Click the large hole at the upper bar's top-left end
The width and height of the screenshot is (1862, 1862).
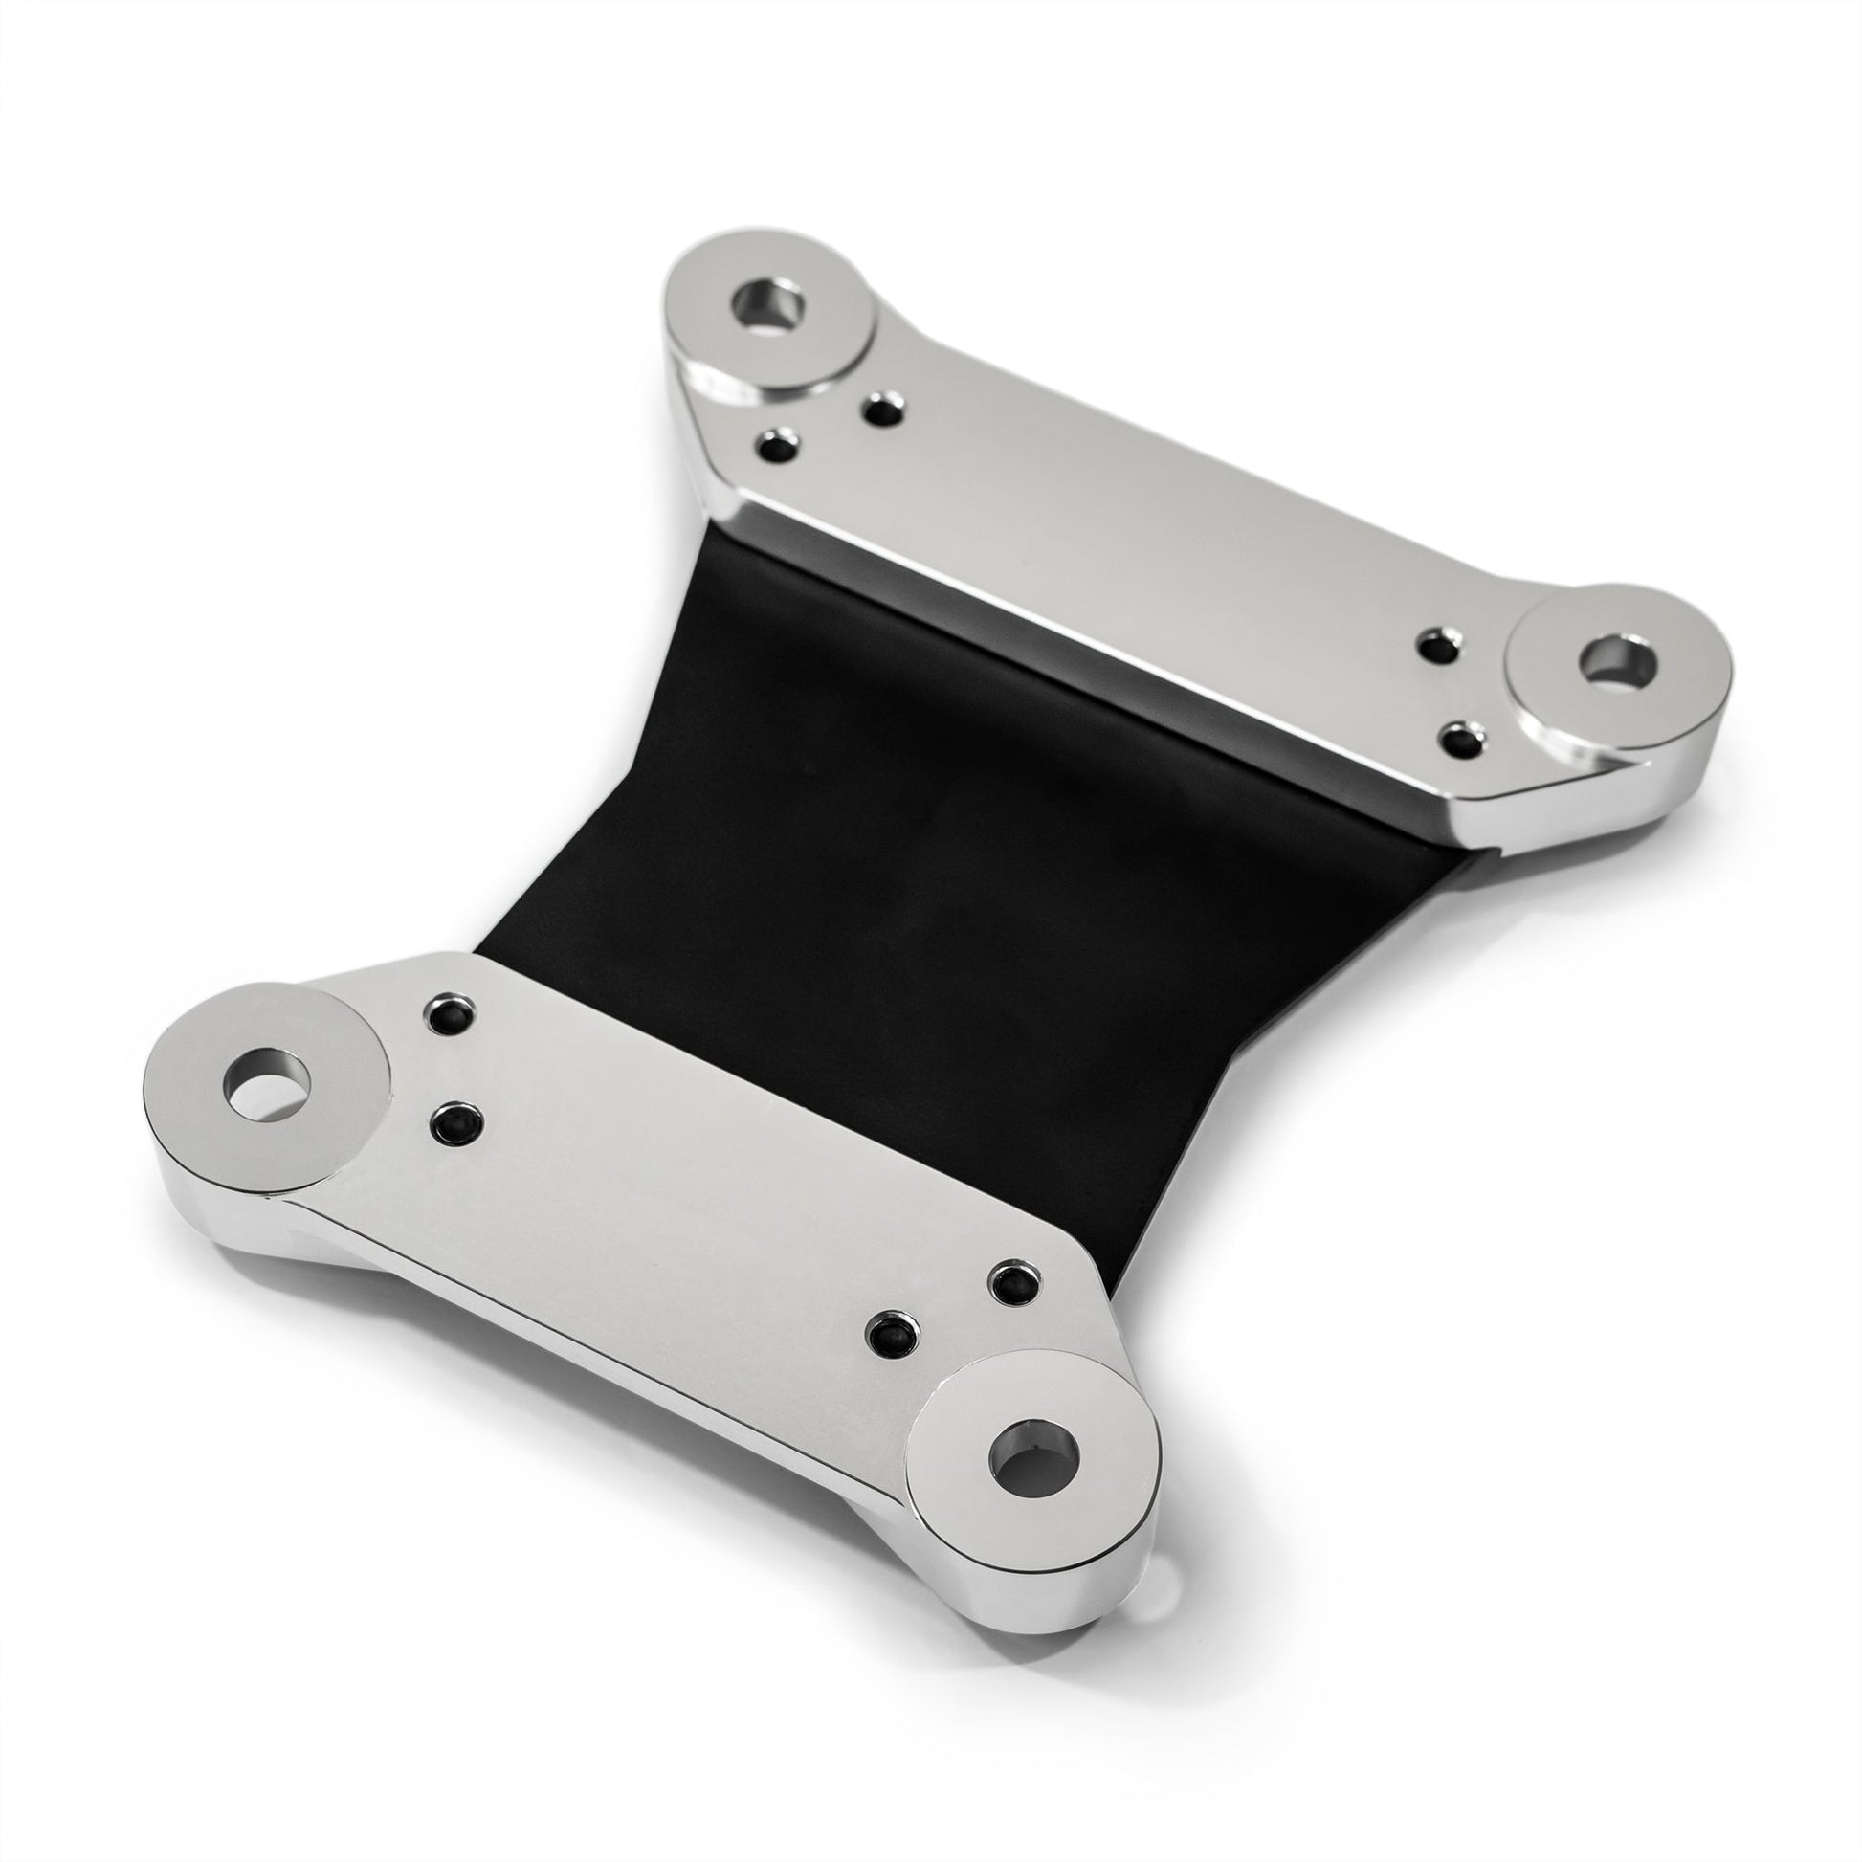768,307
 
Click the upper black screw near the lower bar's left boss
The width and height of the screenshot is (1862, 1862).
449,1014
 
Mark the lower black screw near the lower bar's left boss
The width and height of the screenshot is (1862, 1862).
456,1121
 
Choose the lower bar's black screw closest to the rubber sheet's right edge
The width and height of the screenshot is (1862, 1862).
1015,1282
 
